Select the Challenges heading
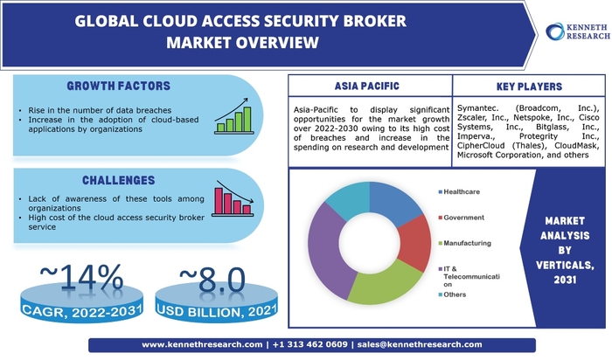point(119,180)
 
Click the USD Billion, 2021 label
point(211,310)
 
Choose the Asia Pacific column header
point(369,87)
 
